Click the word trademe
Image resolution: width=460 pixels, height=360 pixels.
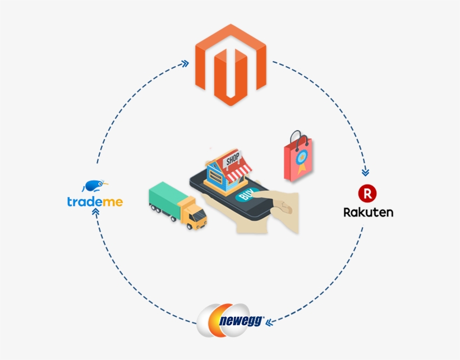point(95,201)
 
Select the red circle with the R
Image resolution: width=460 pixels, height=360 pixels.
point(367,193)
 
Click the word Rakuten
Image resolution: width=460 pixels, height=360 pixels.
point(368,213)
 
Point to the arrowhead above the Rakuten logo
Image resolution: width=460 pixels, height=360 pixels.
point(366,172)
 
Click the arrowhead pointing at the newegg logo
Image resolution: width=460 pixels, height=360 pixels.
point(269,322)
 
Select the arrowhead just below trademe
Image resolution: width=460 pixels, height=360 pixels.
point(95,212)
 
